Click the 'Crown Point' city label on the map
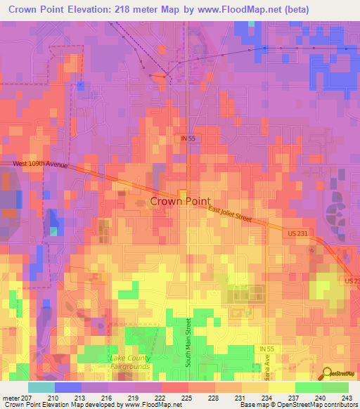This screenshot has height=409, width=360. click(179, 201)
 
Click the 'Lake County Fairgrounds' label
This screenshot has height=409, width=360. click(130, 362)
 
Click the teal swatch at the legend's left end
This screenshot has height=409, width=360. click(41, 388)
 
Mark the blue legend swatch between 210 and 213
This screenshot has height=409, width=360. click(67, 388)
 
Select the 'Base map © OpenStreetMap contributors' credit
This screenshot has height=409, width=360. click(298, 405)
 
